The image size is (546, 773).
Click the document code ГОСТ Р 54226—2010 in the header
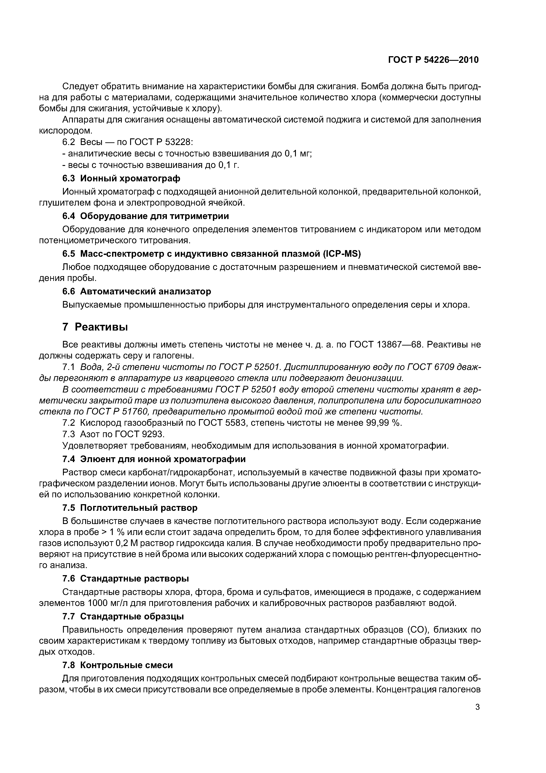433,60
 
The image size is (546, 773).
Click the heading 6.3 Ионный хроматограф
122,178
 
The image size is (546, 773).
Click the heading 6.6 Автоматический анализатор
137,291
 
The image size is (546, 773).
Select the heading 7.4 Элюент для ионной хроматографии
154,459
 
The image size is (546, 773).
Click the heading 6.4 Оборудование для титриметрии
146,216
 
